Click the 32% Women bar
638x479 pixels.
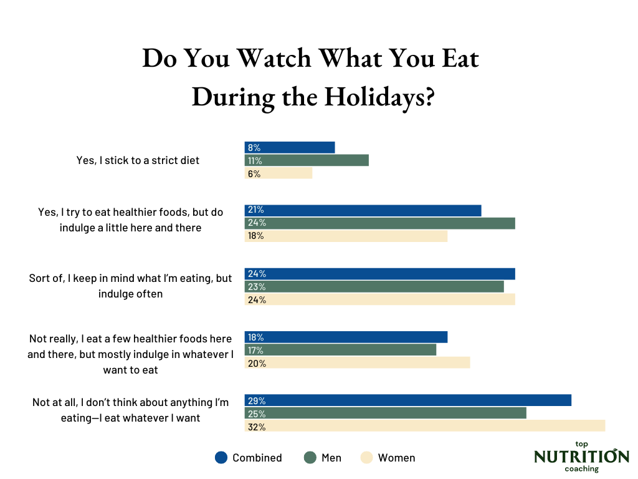(424, 426)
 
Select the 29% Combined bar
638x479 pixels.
(407, 400)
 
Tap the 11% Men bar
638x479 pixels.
(307, 160)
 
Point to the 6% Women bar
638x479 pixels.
(278, 173)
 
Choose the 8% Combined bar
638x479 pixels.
(290, 147)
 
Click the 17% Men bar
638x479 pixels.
(340, 350)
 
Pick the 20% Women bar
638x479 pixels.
(357, 363)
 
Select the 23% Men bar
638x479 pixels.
(374, 286)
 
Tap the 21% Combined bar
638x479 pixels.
(363, 210)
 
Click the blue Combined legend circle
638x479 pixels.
(221, 457)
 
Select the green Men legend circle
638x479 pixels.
(310, 457)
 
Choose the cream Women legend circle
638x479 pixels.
(366, 457)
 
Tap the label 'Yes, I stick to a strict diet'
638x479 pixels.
(138, 160)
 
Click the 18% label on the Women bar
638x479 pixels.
(255, 236)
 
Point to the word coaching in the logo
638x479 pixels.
(581, 469)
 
